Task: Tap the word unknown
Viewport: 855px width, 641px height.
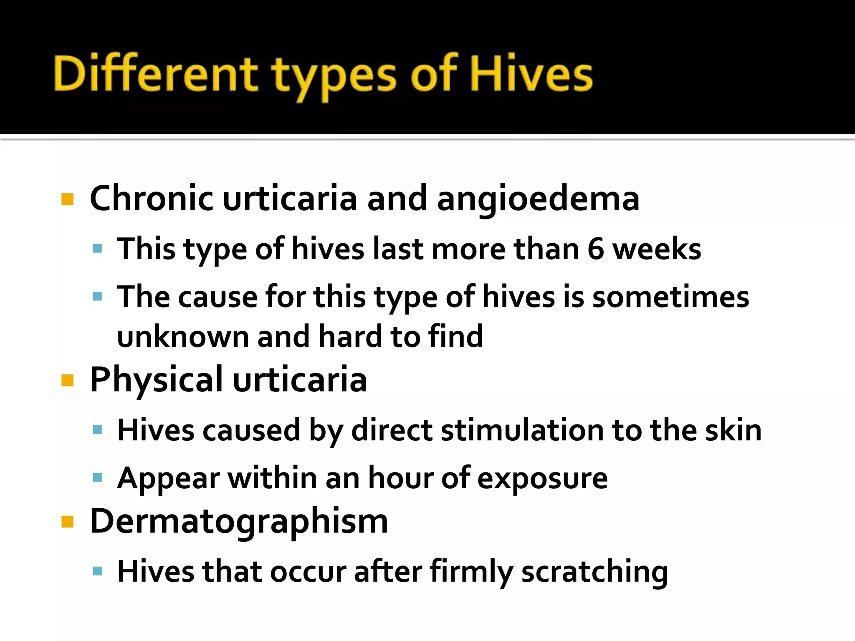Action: point(183,336)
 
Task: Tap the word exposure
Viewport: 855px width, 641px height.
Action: point(542,479)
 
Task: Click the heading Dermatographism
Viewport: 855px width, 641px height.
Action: point(239,522)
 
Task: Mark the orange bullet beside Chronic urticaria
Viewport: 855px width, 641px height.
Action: point(67,199)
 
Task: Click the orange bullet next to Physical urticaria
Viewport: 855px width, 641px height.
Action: point(67,381)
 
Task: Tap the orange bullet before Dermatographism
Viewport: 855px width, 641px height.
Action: point(67,522)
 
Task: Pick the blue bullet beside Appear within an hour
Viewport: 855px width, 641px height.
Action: point(98,477)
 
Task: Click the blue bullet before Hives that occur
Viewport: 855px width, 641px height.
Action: point(98,571)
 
